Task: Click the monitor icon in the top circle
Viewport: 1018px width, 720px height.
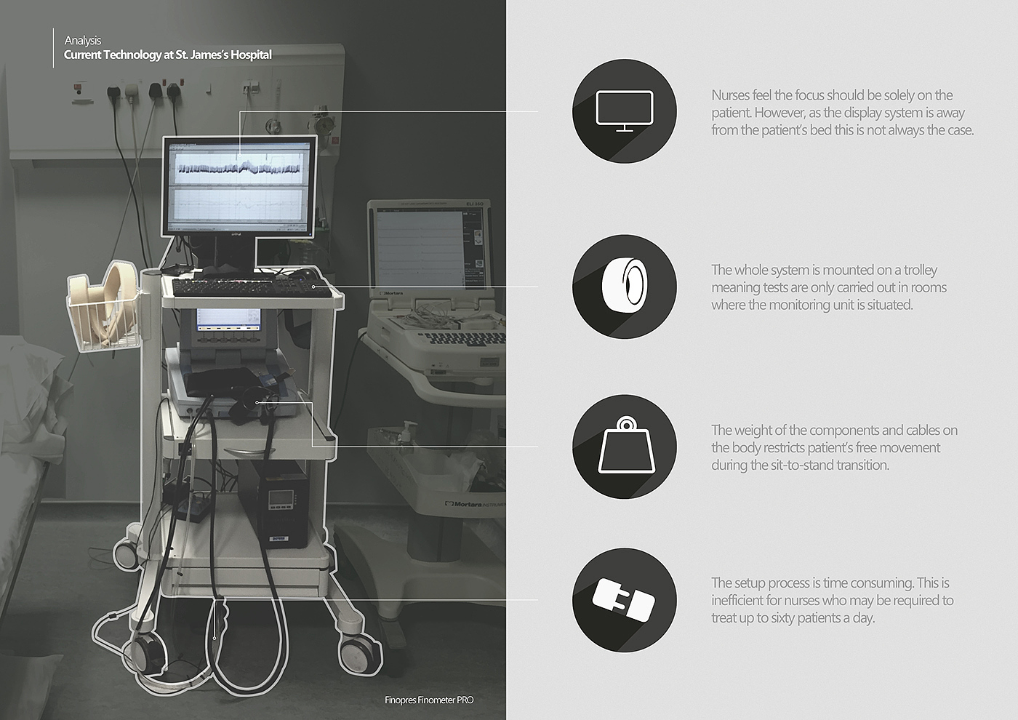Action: click(625, 111)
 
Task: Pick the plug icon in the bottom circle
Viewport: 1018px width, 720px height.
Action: click(624, 600)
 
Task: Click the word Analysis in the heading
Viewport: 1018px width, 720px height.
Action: click(83, 41)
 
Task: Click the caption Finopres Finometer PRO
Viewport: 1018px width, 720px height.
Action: click(429, 700)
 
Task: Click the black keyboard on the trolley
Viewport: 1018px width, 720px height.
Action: click(252, 288)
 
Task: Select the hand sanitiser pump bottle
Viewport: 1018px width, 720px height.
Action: click(408, 434)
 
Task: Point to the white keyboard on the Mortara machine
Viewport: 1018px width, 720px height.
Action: click(465, 337)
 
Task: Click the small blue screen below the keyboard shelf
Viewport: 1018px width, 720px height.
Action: click(228, 320)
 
